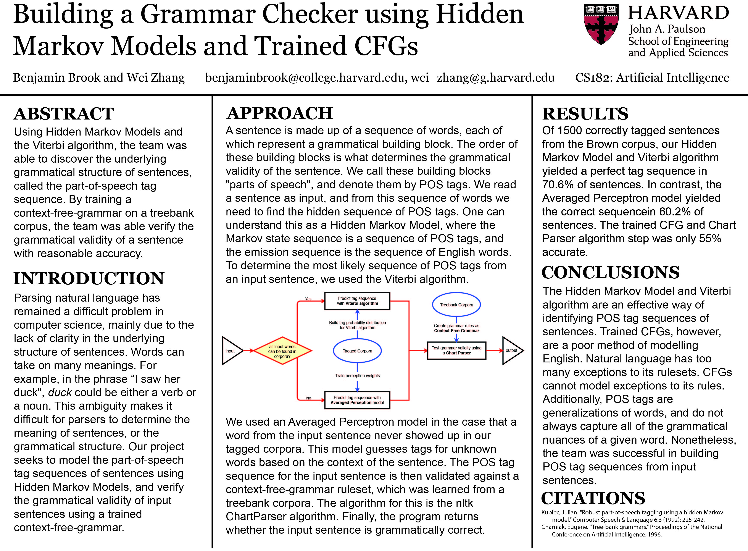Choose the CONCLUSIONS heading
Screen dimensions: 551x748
pyautogui.click(x=610, y=273)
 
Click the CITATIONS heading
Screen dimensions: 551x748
pyautogui.click(x=593, y=498)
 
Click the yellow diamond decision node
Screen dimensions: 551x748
pyautogui.click(x=282, y=351)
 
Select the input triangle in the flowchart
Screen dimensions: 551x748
pyautogui.click(x=231, y=351)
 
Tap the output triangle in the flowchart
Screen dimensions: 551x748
pyautogui.click(x=511, y=351)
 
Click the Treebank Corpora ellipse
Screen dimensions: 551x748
pyautogui.click(x=456, y=305)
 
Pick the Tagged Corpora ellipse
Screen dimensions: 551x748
pyautogui.click(x=357, y=351)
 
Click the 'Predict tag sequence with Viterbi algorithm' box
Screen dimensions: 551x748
pyautogui.click(x=357, y=301)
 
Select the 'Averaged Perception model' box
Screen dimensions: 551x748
pyautogui.click(x=357, y=400)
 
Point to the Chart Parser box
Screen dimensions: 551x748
pyautogui.click(x=456, y=351)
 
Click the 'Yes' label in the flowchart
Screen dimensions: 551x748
pyautogui.click(x=308, y=299)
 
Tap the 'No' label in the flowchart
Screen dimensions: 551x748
pyautogui.click(x=309, y=398)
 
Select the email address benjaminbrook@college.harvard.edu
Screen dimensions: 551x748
pyautogui.click(x=306, y=78)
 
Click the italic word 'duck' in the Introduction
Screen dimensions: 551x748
pyautogui.click(x=60, y=393)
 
